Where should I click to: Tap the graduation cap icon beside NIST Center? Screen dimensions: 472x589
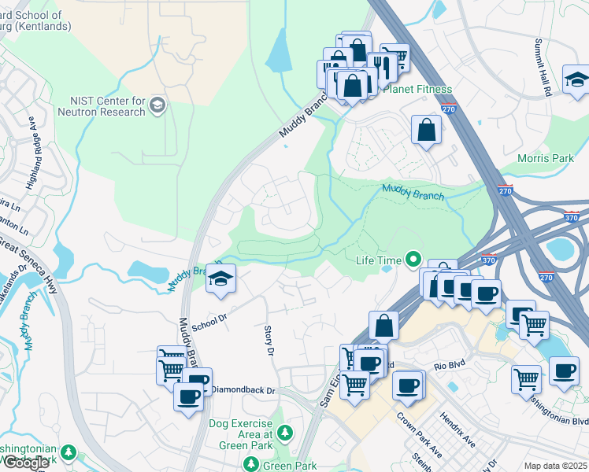(157, 105)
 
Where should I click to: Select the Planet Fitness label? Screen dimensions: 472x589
(417, 89)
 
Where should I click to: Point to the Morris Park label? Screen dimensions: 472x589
(545, 158)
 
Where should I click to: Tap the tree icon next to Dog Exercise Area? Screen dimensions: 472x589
(284, 433)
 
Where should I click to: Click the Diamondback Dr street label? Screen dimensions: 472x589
(243, 390)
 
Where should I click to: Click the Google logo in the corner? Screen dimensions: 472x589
(26, 463)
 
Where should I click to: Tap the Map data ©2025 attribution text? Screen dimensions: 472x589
(555, 466)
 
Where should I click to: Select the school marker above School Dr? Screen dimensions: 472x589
(221, 278)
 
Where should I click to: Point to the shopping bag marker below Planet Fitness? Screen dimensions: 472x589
(426, 130)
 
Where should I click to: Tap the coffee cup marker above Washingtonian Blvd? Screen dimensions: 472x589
(563, 371)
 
